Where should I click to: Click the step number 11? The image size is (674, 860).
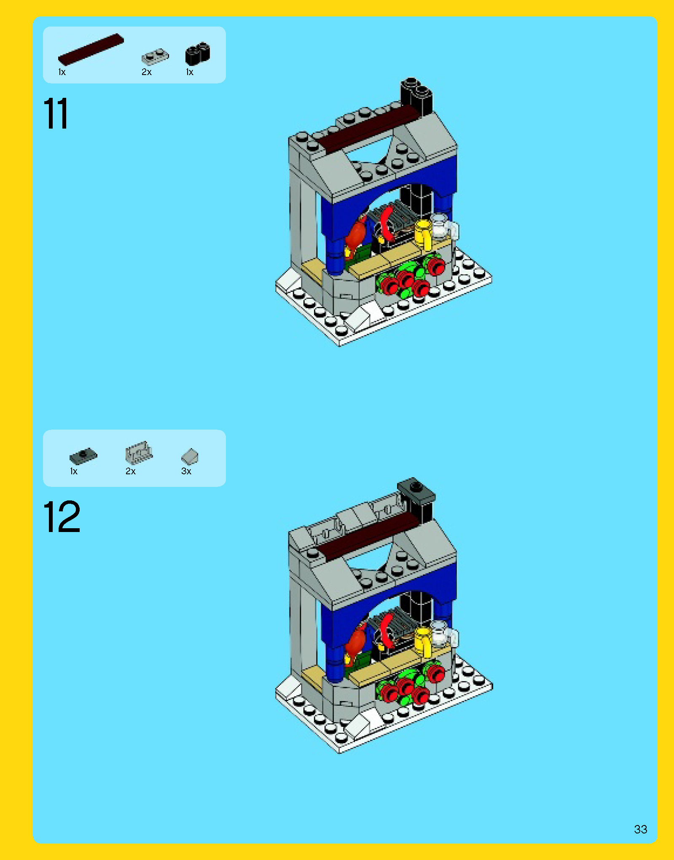(55, 114)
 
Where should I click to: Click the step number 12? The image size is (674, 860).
(62, 517)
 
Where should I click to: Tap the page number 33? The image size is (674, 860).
(640, 829)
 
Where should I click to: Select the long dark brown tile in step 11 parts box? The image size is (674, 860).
(91, 49)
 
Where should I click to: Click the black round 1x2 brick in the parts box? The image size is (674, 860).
(197, 54)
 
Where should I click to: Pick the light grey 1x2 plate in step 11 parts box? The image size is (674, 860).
(155, 56)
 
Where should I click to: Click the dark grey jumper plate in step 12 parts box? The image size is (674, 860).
(83, 456)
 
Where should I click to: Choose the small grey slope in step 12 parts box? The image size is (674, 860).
(190, 456)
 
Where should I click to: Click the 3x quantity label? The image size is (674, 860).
(186, 471)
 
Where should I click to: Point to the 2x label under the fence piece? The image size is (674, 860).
(131, 471)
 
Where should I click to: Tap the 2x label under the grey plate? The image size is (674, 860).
(146, 72)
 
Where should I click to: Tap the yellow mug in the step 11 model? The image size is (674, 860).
(424, 234)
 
